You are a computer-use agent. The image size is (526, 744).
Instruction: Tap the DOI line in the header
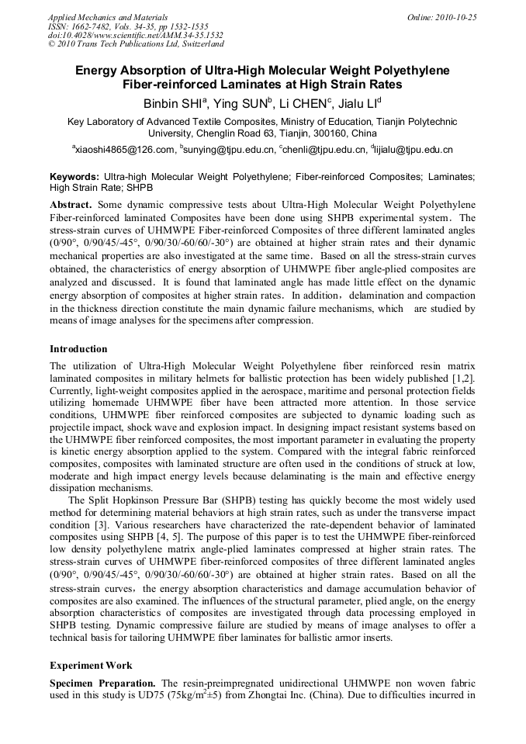pos(136,36)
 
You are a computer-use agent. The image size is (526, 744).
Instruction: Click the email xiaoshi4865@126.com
pos(123,150)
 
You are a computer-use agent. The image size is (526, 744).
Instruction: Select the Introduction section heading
pos(78,349)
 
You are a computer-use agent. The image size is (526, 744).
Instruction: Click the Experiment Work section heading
pos(91,666)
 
